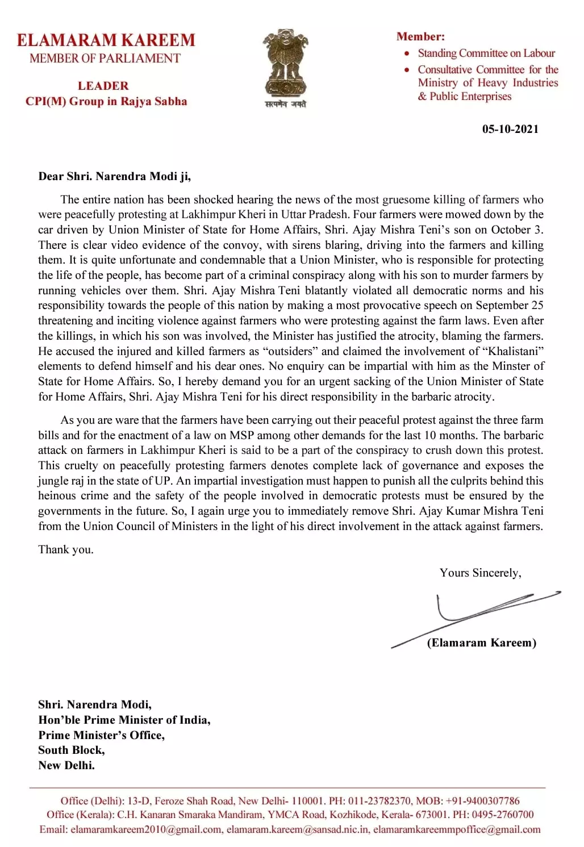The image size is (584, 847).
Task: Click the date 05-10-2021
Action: coord(510,129)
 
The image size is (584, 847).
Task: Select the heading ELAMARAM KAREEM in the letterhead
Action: coord(106,40)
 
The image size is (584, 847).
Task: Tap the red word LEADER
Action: coord(103,86)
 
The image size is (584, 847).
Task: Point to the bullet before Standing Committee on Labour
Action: coord(407,53)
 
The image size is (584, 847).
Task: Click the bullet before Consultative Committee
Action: coord(407,70)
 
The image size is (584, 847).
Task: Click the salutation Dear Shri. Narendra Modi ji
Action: coord(114,176)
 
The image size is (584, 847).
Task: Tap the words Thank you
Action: coord(66,549)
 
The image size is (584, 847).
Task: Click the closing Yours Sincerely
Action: coord(480,573)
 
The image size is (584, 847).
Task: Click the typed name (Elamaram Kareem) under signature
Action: coord(481,642)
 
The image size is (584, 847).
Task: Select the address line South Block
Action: coord(72,750)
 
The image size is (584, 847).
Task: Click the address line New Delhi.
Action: coord(66,765)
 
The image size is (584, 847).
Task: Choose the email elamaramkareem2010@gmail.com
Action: coord(146,829)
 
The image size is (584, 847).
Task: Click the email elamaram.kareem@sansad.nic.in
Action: coord(298,829)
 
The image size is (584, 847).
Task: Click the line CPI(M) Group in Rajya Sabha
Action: coord(106,102)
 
